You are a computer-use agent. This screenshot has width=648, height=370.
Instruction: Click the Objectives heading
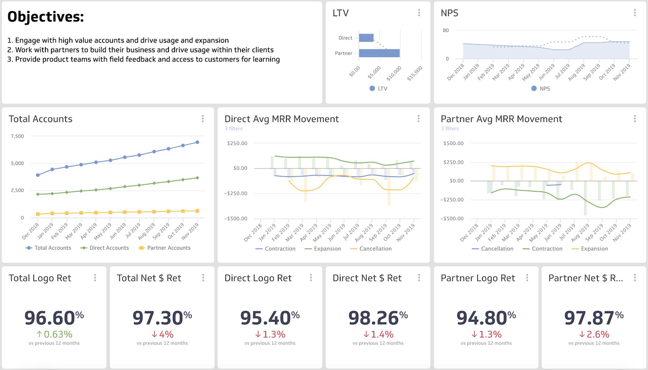point(46,17)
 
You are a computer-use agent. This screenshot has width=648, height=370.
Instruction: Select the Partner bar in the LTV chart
point(379,53)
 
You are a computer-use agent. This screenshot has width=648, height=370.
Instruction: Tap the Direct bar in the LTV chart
point(366,38)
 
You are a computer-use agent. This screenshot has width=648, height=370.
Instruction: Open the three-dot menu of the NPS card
point(635,13)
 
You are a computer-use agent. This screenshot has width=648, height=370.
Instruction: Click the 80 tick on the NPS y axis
point(446,30)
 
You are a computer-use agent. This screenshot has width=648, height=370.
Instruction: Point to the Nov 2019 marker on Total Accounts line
point(197,142)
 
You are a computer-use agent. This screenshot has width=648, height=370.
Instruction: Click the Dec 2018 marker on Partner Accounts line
point(38,214)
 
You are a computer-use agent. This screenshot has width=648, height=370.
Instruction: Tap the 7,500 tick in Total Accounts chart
point(17,136)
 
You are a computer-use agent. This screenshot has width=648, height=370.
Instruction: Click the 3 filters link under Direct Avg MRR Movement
point(234,128)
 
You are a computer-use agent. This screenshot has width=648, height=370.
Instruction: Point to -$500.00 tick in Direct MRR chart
point(236,219)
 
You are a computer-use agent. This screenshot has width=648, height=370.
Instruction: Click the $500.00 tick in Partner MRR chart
point(453,143)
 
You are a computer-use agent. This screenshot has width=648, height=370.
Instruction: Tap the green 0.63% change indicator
point(54,334)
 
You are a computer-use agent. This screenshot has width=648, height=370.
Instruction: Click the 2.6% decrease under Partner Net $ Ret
point(594,334)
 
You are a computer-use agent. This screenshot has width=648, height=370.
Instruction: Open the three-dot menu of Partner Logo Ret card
point(527,278)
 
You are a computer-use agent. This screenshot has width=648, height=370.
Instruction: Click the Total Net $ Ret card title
point(149,278)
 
